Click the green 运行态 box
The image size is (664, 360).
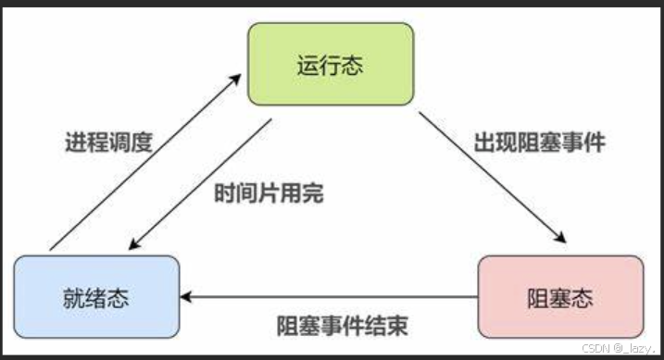coord(330,65)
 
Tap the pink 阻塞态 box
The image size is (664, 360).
coord(560,298)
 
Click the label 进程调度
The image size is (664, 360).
coord(108,144)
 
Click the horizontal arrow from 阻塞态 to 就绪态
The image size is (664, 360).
coord(329,298)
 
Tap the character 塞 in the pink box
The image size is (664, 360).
coord(560,299)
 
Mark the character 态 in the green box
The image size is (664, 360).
coord(352,66)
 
